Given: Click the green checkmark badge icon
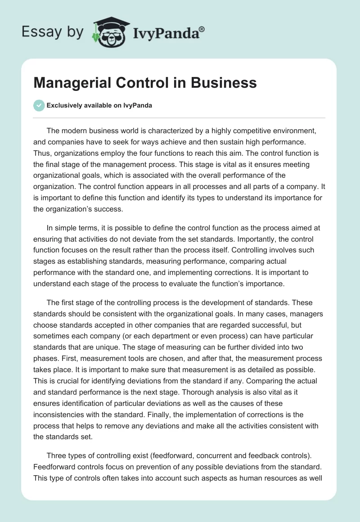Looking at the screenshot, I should (39, 105).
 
